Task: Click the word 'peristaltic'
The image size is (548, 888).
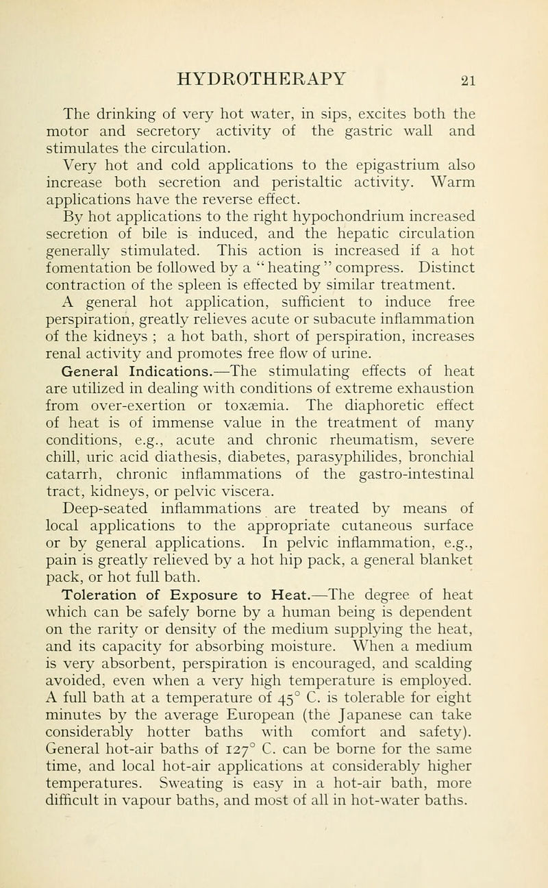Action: click(332, 182)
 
